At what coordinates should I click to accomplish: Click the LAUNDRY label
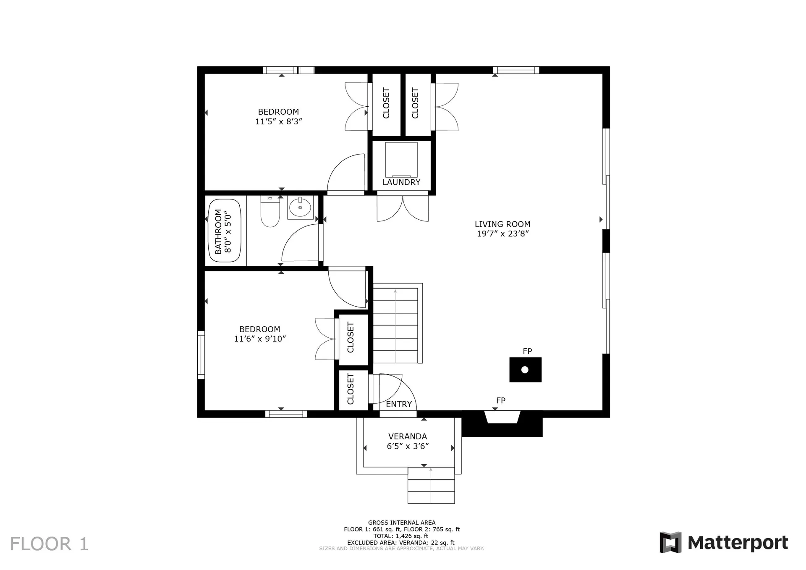tap(401, 182)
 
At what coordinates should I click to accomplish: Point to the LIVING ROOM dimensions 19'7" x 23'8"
tap(502, 234)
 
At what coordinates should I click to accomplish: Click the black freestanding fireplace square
tap(525, 370)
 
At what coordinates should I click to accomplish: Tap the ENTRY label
tap(399, 404)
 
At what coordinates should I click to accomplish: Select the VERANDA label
tap(408, 436)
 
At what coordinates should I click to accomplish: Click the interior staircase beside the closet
tap(395, 326)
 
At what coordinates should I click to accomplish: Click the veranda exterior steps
tap(431, 486)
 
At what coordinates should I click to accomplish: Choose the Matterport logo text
tap(738, 543)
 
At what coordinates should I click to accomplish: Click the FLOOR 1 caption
tap(49, 544)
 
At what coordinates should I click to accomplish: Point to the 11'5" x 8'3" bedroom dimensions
tap(279, 122)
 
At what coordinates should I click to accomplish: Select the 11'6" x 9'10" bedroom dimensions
tap(260, 339)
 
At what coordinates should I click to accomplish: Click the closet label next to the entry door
tap(351, 389)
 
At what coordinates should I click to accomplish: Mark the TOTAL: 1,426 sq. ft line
tap(401, 536)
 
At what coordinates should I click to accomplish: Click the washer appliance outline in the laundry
tap(401, 160)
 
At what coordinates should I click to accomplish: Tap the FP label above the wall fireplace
tap(500, 401)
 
